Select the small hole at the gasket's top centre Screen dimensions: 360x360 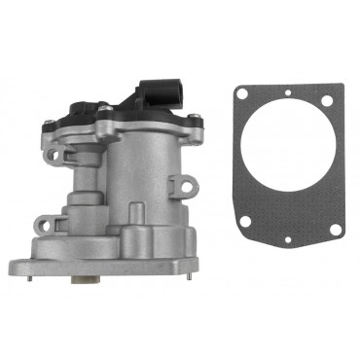click(287, 94)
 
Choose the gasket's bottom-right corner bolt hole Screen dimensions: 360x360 click(335, 230)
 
